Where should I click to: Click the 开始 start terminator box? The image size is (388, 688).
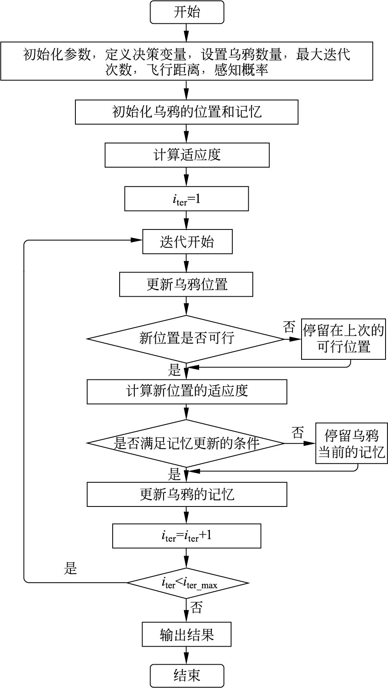pyautogui.click(x=187, y=12)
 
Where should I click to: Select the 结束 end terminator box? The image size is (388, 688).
pyautogui.click(x=187, y=675)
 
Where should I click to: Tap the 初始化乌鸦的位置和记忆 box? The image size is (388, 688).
pyautogui.click(x=186, y=112)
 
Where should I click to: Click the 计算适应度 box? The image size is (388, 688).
pyautogui.click(x=187, y=155)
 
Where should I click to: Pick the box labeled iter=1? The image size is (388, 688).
pyautogui.click(x=186, y=199)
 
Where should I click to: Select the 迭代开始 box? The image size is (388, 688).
pyautogui.click(x=187, y=242)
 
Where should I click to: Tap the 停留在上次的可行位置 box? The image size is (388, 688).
pyautogui.click(x=343, y=339)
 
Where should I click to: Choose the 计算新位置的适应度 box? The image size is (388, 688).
pyautogui.click(x=187, y=391)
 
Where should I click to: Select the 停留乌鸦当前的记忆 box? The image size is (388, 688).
pyautogui.click(x=351, y=443)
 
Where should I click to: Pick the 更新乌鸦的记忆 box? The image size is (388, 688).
pyautogui.click(x=187, y=495)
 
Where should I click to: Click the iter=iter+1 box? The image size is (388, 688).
pyautogui.click(x=186, y=536)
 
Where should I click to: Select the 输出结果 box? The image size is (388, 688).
pyautogui.click(x=186, y=635)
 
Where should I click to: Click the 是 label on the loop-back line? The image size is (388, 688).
pyautogui.click(x=70, y=568)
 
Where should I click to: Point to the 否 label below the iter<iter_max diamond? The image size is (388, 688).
pyautogui.click(x=196, y=607)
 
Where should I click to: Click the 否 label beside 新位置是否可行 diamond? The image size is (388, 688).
pyautogui.click(x=289, y=327)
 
